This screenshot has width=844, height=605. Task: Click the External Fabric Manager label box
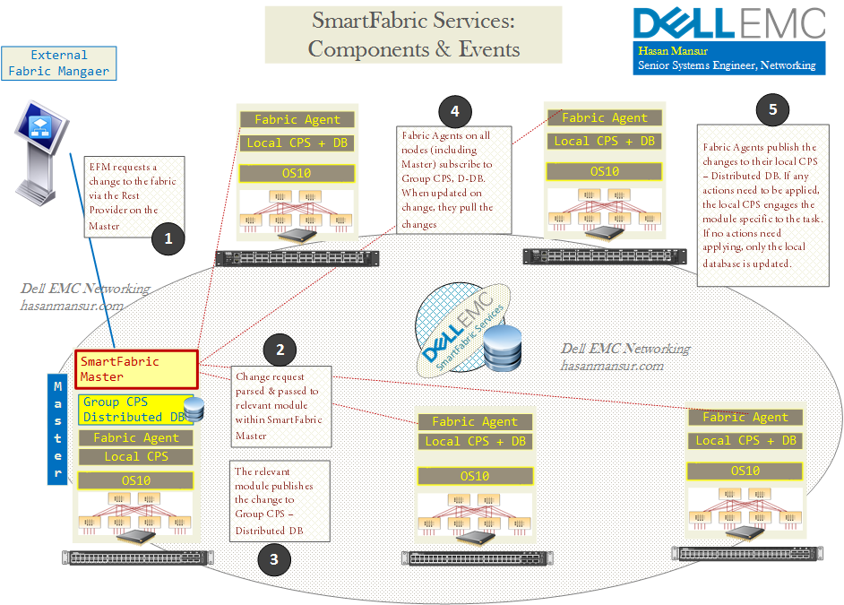coord(59,63)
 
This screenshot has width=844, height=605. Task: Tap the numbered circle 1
coord(168,238)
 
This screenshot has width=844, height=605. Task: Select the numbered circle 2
coord(280,350)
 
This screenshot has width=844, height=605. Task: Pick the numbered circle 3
coord(274,559)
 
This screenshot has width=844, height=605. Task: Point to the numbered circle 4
coord(455,111)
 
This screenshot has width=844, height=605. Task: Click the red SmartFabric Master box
coord(136,368)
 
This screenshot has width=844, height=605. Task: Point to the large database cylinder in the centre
coord(502,348)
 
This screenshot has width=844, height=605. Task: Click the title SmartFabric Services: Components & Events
coord(413,34)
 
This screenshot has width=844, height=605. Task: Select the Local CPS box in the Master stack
coord(135,456)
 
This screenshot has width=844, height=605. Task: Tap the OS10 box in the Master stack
coord(135,480)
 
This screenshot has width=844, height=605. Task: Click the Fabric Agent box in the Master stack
coord(135,437)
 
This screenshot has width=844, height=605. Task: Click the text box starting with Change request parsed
coord(280,404)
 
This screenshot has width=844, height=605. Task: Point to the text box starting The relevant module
coord(280,500)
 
